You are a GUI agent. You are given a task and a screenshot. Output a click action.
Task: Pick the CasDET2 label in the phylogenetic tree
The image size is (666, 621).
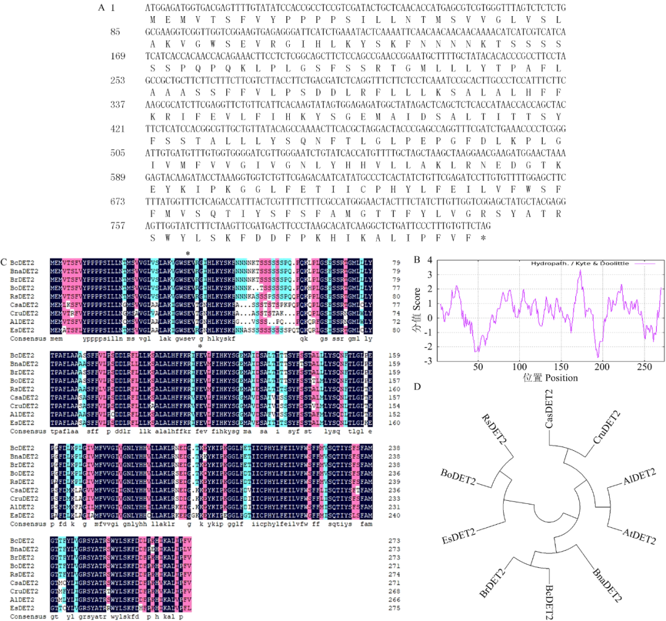(549, 410)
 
